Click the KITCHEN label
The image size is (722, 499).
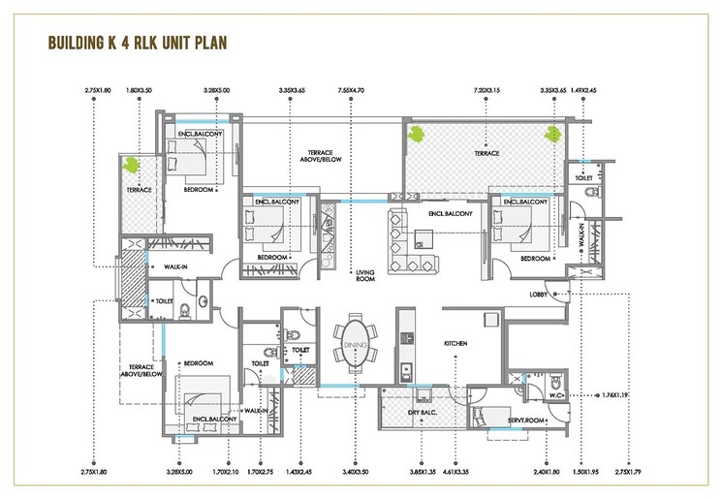pyautogui.click(x=456, y=343)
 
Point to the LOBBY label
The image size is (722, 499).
pyautogui.click(x=540, y=294)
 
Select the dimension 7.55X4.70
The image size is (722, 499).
pyautogui.click(x=350, y=90)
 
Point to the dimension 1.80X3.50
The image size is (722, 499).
pyautogui.click(x=141, y=90)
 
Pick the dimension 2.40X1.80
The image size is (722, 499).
pyautogui.click(x=547, y=473)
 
